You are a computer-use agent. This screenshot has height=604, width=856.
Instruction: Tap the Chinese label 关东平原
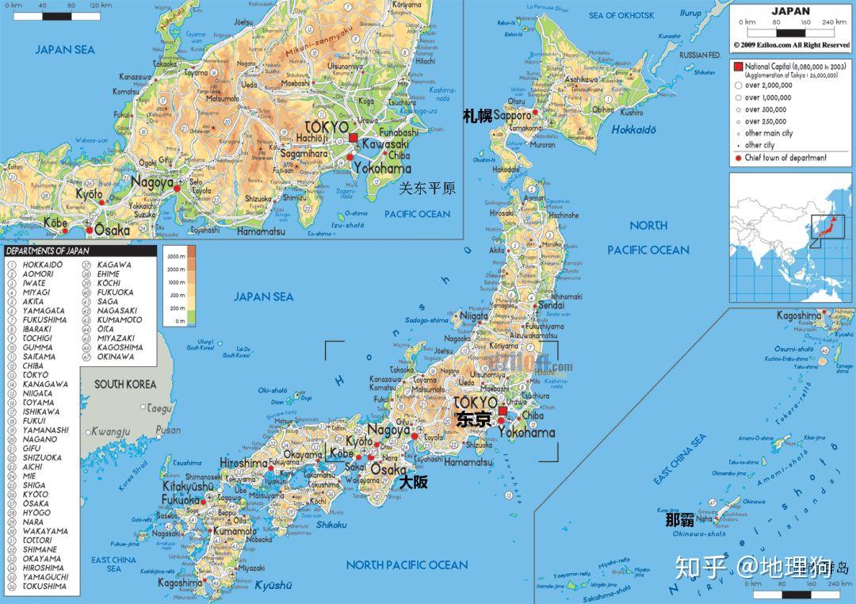pos(427,189)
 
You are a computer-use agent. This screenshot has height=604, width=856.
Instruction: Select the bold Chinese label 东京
pos(474,420)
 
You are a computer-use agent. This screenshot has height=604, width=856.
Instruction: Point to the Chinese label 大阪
pos(413,481)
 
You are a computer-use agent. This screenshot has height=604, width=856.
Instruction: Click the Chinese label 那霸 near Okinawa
pos(679,521)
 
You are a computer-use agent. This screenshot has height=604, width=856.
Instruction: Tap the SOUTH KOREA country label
pos(125,384)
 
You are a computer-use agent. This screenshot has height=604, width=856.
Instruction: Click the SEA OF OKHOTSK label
pos(621,16)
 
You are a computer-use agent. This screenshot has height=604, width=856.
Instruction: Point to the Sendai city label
pos(551,305)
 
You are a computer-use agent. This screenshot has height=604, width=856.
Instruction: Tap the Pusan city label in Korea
pos(168,430)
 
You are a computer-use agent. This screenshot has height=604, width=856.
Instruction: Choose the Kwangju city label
pos(110,431)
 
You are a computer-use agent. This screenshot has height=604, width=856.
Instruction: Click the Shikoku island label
pos(331,525)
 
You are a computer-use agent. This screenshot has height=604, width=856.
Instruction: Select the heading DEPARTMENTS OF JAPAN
pos(47,251)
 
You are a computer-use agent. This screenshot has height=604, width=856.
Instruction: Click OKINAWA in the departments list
pos(116,357)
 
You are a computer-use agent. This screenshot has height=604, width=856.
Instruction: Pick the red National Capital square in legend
pos(738,65)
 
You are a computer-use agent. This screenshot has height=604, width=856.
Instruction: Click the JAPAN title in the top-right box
pos(790,11)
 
